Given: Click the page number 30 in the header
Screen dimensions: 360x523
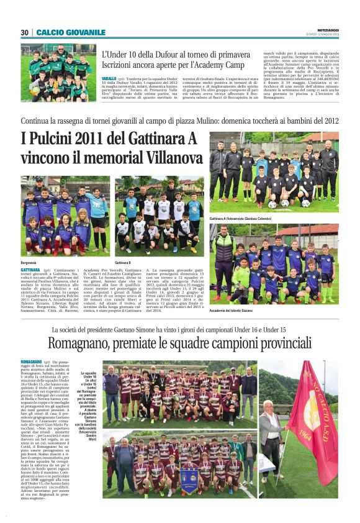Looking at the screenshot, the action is pos(25,32).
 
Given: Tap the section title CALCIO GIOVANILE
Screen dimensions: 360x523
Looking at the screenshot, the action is pos(71,32).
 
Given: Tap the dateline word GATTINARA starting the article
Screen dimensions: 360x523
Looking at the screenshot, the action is pos(31,271).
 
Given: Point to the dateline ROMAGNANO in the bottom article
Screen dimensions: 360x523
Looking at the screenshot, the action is pos(31,362).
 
